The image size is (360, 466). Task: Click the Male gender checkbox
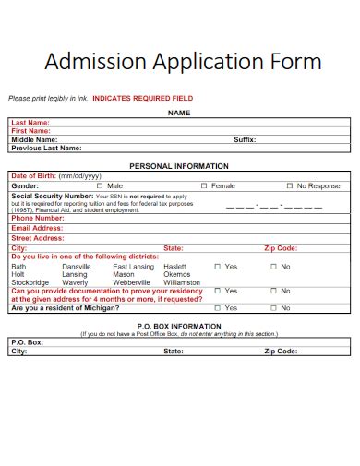coord(100,185)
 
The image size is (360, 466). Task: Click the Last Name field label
coord(30,122)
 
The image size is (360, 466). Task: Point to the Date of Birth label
coord(32,175)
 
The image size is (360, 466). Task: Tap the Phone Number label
coord(35,219)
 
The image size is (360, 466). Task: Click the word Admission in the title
coord(89,62)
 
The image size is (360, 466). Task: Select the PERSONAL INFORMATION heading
coord(179,166)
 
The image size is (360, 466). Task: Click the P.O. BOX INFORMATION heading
coord(179,326)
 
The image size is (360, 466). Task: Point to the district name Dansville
coord(77,266)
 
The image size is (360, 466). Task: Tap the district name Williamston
coord(182,282)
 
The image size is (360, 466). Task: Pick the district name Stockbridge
coord(30,282)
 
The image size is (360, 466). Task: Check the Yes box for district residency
coord(218,266)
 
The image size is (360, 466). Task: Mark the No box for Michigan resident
coord(274,307)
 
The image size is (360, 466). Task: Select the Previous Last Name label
coord(46,148)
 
